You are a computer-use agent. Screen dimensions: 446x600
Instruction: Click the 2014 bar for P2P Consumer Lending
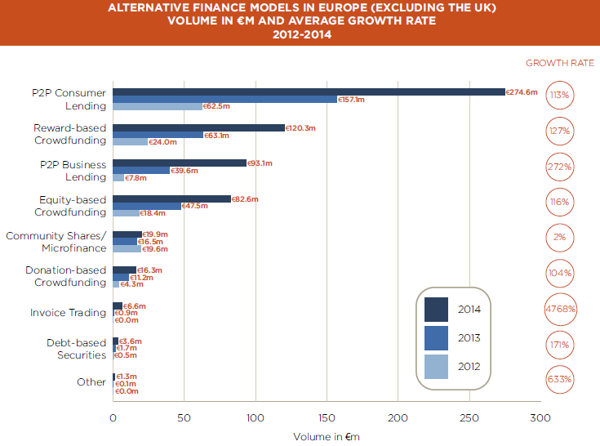pos(309,91)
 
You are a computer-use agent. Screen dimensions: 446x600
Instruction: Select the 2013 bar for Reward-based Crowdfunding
pos(158,135)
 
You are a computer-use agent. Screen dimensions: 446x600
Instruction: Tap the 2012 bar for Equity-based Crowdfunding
pos(126,212)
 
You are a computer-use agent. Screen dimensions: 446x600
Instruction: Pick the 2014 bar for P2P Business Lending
pos(180,163)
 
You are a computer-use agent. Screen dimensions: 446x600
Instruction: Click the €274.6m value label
pos(522,92)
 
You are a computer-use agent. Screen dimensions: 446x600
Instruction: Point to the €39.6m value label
pos(183,170)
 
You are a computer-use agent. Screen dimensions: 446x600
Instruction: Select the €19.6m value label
pos(155,248)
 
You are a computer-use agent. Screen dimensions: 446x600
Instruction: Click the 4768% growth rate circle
pos(560,309)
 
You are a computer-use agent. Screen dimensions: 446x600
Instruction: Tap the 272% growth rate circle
pos(560,167)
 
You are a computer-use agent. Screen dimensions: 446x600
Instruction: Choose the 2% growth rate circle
pos(560,238)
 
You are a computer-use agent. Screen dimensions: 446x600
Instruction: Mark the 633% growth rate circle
pos(560,380)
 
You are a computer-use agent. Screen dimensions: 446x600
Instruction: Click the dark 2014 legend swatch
pos(436,310)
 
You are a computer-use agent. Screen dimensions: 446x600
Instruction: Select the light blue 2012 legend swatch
pos(436,367)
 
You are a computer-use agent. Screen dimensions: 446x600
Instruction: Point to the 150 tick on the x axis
pos(327,418)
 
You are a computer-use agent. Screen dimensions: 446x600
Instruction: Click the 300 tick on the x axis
pos(540,418)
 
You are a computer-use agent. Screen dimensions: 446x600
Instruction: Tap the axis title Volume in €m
pos(327,436)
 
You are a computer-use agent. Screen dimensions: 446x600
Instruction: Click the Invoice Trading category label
pos(68,312)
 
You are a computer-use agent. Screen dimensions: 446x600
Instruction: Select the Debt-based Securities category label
pos(74,348)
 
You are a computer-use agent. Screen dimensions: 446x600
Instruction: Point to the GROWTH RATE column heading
pos(560,63)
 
